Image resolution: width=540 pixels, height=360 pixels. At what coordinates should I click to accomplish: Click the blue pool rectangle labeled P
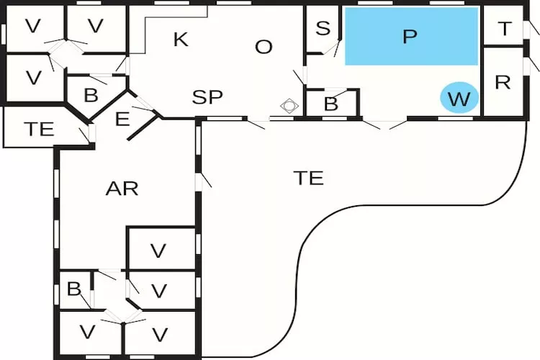click(411, 36)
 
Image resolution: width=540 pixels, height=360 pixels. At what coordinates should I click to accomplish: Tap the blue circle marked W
click(459, 99)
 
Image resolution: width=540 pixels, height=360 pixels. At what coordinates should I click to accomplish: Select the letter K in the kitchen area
click(181, 40)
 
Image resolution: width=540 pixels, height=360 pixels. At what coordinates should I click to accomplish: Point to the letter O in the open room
click(264, 48)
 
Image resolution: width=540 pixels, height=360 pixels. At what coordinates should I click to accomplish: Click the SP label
click(207, 97)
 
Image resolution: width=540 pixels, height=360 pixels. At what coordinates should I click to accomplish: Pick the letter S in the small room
click(323, 29)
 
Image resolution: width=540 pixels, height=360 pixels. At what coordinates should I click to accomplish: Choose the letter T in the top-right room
click(505, 29)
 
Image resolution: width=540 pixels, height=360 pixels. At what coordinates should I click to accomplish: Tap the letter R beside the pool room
click(503, 82)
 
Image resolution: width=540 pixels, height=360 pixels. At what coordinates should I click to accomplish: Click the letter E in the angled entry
click(122, 119)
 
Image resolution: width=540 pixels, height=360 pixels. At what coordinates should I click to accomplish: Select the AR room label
click(122, 189)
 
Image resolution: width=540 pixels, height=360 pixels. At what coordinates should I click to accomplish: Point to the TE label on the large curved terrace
click(308, 178)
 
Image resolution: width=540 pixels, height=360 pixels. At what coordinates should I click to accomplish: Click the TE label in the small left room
click(39, 130)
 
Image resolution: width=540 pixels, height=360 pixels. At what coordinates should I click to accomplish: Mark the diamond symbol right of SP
click(289, 106)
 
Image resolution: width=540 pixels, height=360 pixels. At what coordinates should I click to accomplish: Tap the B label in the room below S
click(330, 104)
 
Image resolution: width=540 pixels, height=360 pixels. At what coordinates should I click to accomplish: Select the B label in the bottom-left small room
click(73, 289)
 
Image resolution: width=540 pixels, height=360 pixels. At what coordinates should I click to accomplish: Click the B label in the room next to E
click(91, 95)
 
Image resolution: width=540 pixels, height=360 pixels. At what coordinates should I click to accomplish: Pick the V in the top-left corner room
click(33, 26)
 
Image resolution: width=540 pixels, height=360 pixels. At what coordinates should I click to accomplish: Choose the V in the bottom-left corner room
click(88, 333)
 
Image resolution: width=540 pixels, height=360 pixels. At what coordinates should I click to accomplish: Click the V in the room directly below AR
click(158, 251)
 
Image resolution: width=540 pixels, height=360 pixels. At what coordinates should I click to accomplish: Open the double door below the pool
click(387, 125)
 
